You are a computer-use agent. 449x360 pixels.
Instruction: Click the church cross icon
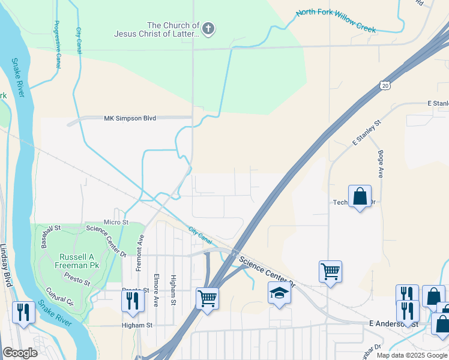point(208,29)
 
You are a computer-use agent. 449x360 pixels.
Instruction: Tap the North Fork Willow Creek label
point(336,21)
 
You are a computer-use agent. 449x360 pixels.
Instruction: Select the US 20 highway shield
point(385,86)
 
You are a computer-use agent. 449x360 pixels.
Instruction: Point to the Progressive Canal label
point(58,44)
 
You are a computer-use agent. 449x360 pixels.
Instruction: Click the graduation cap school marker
point(279,293)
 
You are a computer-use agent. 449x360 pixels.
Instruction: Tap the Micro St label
point(117,222)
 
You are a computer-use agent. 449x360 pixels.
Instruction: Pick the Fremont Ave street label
point(139,252)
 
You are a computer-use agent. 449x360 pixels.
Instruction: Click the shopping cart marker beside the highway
point(207,298)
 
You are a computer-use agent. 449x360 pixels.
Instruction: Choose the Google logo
point(20,353)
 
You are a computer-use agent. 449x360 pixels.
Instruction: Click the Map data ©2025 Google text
point(411,355)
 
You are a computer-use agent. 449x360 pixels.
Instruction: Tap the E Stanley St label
point(367,133)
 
